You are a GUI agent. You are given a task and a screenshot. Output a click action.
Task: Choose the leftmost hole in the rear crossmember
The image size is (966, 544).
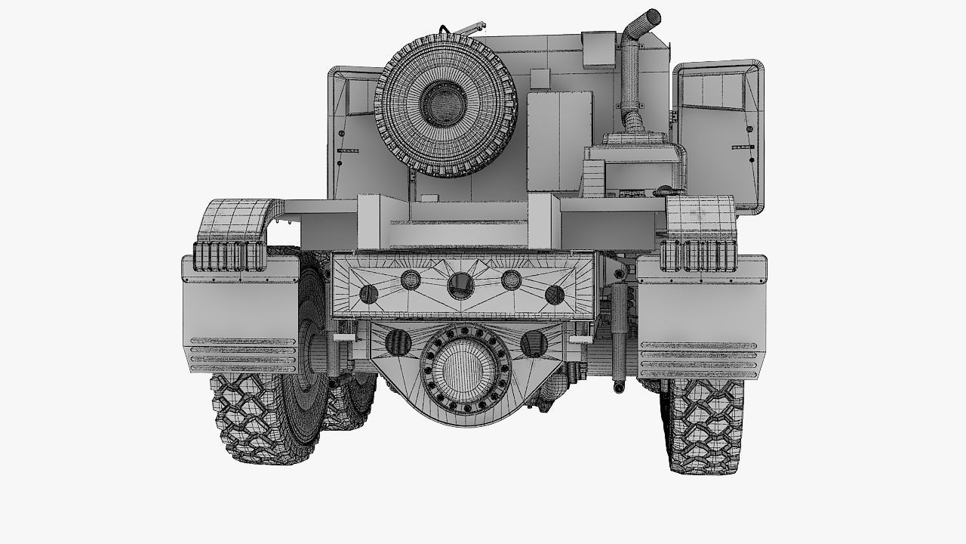369,294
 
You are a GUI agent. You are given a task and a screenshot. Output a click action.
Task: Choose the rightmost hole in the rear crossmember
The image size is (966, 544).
555,294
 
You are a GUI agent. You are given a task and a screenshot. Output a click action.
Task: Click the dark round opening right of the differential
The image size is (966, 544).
533,344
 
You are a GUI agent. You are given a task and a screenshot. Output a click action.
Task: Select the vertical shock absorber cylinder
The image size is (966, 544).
620,332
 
